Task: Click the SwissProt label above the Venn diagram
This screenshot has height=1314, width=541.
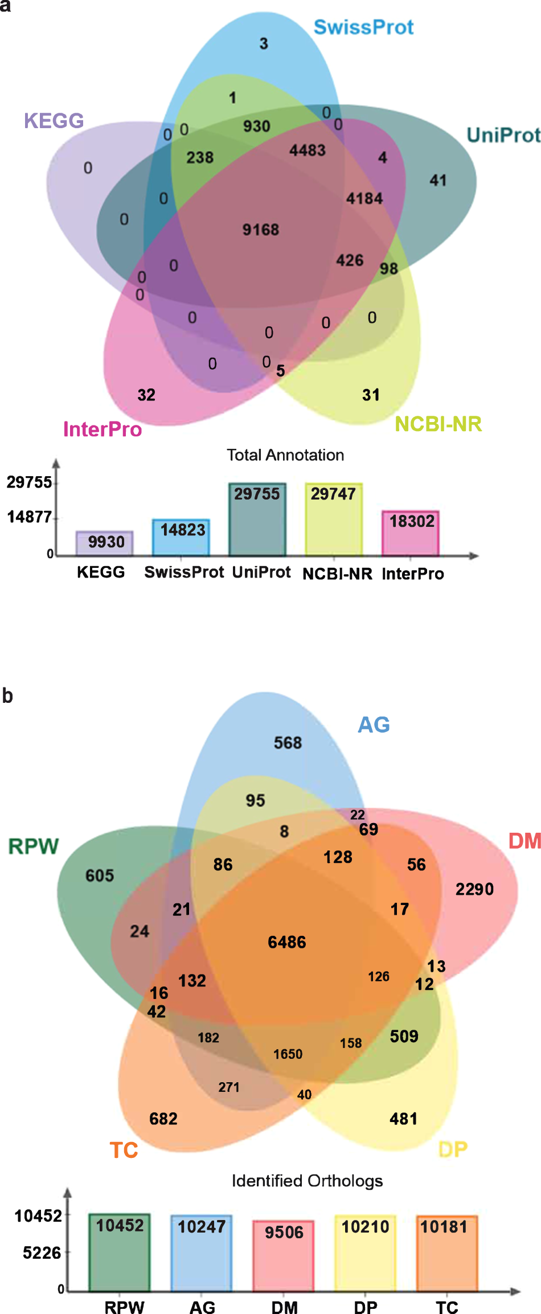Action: pos(363,27)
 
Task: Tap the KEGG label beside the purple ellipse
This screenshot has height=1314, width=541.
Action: pos(54,121)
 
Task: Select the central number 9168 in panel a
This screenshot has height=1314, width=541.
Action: pos(261,230)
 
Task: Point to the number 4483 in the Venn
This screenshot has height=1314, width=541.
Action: pos(308,150)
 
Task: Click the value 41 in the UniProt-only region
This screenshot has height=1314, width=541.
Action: pos(438,181)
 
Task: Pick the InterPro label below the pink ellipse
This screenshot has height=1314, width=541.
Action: pos(103,429)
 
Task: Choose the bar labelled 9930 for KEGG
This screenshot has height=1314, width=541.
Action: pos(105,543)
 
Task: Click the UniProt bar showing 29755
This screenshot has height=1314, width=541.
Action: pos(257,519)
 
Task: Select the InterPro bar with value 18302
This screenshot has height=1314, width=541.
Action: pos(411,533)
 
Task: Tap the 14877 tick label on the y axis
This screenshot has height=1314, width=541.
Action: pos(29,517)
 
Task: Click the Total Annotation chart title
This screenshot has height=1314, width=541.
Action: pos(285,455)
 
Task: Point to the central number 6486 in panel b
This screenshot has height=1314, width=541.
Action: pos(287,942)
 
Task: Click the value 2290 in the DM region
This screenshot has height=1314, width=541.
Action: pos(474,889)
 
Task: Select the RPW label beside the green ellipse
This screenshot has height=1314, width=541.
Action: pos(34,846)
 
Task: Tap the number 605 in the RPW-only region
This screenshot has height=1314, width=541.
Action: pos(100,875)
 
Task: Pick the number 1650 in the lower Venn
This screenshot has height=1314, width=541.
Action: pos(288,1054)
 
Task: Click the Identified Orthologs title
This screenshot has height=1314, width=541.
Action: pos(307,1181)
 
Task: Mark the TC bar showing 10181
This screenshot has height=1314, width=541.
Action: pos(446,1252)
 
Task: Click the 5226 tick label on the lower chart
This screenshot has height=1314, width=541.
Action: pos(42,1253)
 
